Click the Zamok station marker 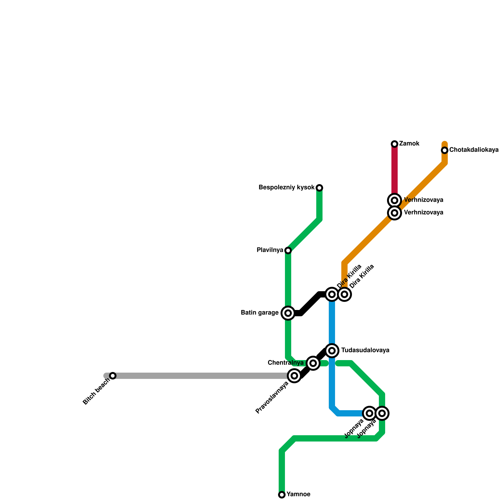(x=395, y=144)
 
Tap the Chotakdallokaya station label (x=474, y=150)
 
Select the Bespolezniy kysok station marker (x=319, y=188)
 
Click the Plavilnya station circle (x=288, y=250)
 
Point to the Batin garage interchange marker (x=288, y=313)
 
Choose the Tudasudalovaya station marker (x=332, y=350)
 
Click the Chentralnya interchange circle (x=313, y=363)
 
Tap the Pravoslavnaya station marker (x=294, y=376)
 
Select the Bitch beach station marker (x=113, y=376)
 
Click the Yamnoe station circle (x=282, y=495)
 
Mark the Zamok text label (x=409, y=144)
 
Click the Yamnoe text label (x=298, y=494)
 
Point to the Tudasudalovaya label (x=365, y=350)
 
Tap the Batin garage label (x=260, y=313)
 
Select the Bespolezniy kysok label (x=287, y=188)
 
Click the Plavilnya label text (x=270, y=250)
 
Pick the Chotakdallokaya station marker (x=445, y=150)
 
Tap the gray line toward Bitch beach (x=200, y=376)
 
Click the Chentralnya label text (x=286, y=363)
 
